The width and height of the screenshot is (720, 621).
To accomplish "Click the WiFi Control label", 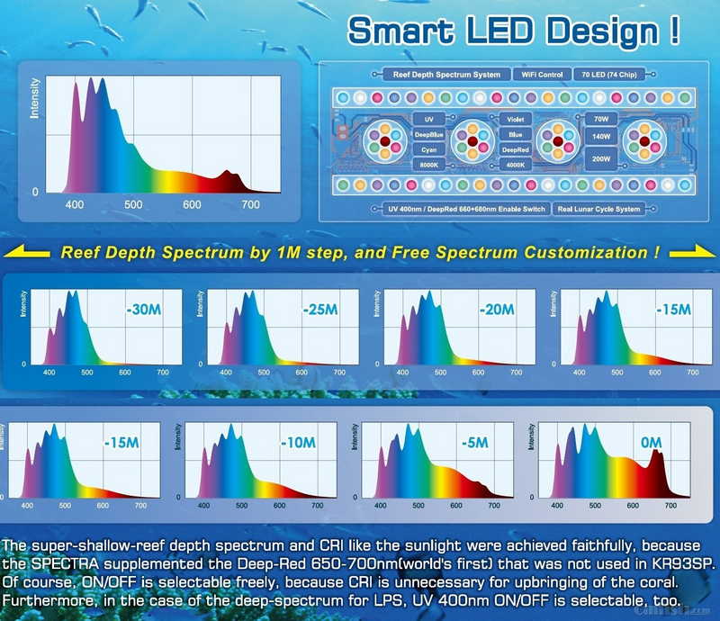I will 538,75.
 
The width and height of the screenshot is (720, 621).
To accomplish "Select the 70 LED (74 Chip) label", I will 609,75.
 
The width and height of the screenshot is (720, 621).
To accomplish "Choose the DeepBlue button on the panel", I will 429,134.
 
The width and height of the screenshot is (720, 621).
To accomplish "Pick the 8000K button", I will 429,166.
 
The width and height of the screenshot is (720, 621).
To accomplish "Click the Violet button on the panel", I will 515,119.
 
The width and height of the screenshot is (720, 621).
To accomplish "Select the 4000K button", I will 515,166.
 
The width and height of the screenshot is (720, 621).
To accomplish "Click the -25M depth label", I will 319,310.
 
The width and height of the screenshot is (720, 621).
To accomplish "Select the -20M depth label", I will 496,310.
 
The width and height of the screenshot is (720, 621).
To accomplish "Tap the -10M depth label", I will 297,443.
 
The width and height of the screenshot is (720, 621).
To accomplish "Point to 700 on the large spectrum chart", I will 251,205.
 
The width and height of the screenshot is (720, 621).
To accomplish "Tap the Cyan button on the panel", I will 429,149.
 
